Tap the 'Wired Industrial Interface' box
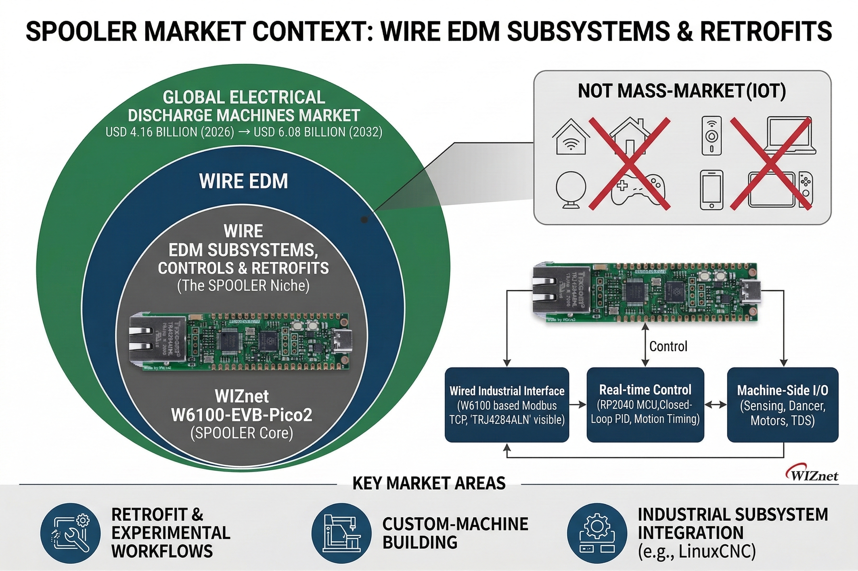(x=507, y=405)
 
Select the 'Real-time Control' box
(x=645, y=405)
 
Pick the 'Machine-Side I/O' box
(x=783, y=405)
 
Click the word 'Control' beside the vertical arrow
(x=668, y=346)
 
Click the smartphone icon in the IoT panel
(x=711, y=190)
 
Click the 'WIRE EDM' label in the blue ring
(x=243, y=181)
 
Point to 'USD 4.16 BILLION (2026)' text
(x=170, y=132)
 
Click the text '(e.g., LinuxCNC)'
(x=696, y=551)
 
